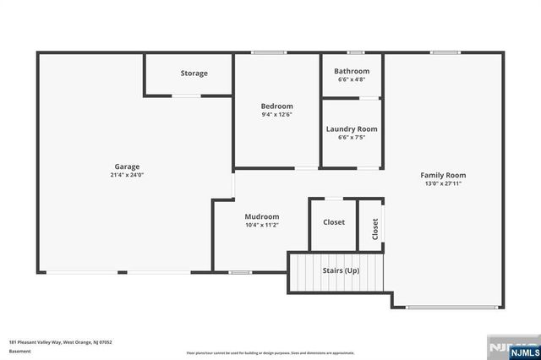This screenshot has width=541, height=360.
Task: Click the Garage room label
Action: (x=127, y=166)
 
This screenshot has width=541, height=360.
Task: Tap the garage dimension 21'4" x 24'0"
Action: (x=127, y=176)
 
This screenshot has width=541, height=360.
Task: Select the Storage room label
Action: (x=194, y=74)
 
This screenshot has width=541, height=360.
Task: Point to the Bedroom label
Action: (x=276, y=106)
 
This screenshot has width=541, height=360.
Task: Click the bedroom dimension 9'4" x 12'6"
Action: (x=276, y=115)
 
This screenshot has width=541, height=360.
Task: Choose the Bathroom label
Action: (x=352, y=71)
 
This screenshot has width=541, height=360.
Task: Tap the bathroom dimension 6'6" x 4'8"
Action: (x=352, y=79)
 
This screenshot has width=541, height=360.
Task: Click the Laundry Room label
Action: (x=352, y=129)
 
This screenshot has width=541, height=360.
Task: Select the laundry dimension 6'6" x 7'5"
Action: (x=352, y=138)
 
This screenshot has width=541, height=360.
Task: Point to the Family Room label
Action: (x=443, y=175)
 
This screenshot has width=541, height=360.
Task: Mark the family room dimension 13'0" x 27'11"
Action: (x=443, y=183)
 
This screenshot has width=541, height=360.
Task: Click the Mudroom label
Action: (x=262, y=216)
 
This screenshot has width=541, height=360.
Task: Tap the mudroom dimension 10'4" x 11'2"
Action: (x=262, y=226)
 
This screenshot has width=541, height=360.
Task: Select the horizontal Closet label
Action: (x=334, y=222)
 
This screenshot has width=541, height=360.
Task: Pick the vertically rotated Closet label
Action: (x=375, y=230)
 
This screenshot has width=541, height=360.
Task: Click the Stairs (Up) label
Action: (x=341, y=270)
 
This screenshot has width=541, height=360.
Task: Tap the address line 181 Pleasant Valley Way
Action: (x=61, y=342)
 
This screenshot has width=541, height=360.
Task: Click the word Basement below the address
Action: (x=19, y=351)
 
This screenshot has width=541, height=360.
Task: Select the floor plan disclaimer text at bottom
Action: (x=270, y=353)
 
